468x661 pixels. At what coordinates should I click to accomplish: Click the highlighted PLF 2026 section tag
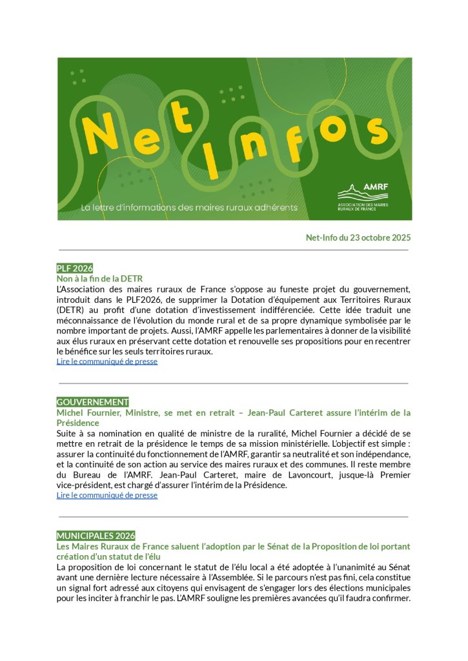point(75,268)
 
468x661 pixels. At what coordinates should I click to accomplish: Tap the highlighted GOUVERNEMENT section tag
point(92,402)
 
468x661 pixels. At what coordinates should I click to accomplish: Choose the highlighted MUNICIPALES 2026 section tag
point(96,536)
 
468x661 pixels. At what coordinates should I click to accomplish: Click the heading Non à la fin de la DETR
point(99,278)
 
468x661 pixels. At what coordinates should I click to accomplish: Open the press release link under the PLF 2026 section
point(107,361)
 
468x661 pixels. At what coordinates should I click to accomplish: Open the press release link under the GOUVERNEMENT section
point(107,495)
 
